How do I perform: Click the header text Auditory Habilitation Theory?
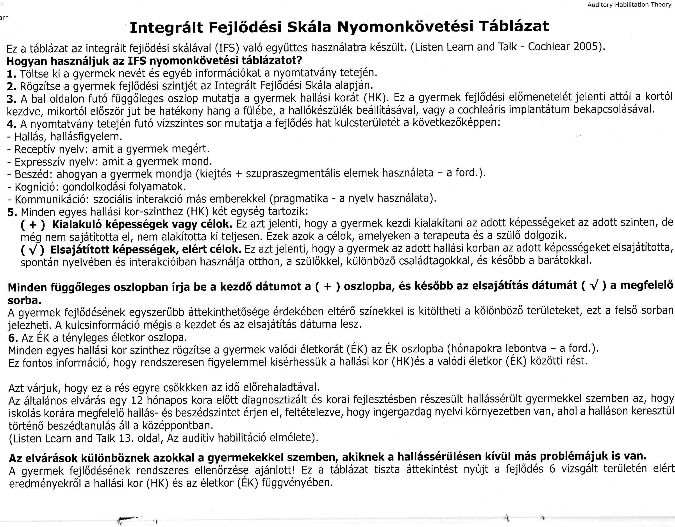point(629,5)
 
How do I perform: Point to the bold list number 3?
point(11,99)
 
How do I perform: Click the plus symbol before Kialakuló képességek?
point(33,225)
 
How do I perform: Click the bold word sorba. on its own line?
point(24,300)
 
